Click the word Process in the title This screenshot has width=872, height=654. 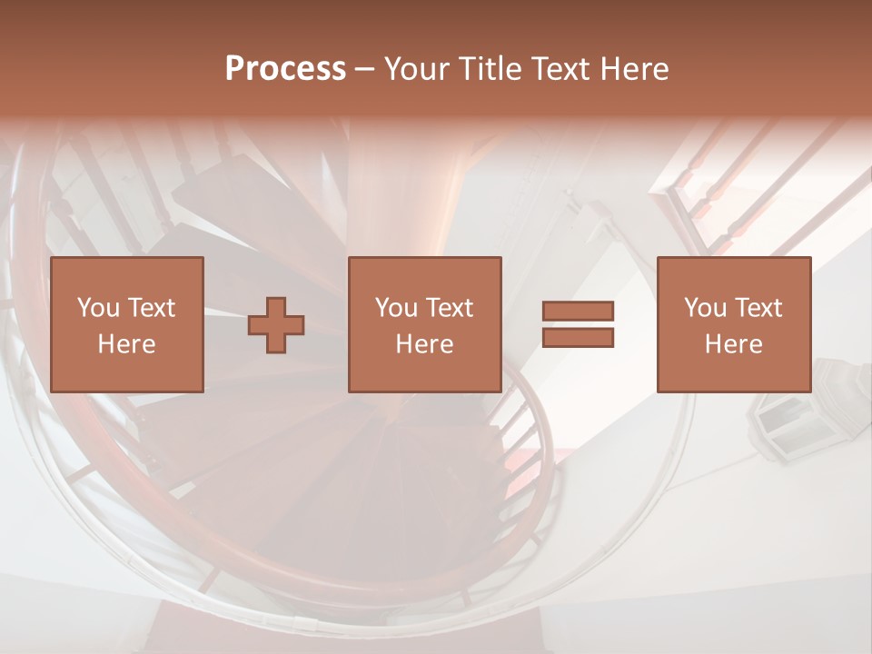285,69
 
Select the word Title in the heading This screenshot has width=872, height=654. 491,69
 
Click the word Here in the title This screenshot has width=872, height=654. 637,69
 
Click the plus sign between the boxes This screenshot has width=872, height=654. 276,324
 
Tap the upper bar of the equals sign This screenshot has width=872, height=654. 579,311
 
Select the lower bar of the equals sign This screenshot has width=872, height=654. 579,338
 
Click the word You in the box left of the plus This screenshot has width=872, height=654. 98,308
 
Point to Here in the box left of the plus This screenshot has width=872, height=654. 126,344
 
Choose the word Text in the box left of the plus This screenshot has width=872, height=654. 151,308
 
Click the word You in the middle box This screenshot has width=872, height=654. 396,308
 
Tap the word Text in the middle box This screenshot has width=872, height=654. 449,308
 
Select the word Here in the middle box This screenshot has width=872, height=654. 424,344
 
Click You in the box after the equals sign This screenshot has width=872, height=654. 705,308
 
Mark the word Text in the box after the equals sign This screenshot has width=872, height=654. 758,308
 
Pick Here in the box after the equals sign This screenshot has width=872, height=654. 733,344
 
